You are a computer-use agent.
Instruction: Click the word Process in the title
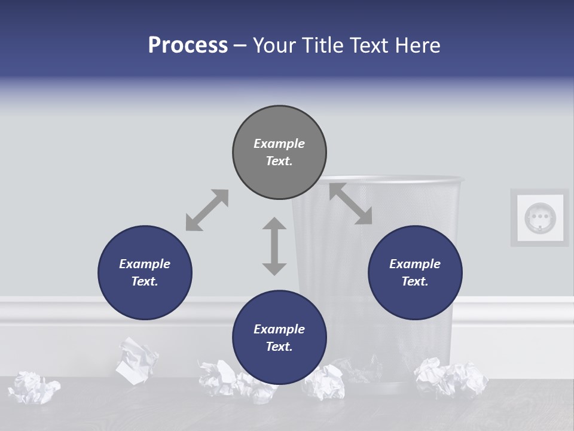click(188, 45)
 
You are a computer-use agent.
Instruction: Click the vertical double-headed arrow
click(274, 246)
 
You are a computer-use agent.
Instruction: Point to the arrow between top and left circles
click(207, 210)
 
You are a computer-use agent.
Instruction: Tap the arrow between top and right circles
click(350, 204)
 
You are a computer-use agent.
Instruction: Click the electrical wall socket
click(540, 217)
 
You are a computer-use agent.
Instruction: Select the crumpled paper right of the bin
click(449, 377)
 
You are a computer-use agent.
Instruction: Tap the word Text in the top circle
click(279, 161)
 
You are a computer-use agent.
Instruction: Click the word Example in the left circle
click(145, 264)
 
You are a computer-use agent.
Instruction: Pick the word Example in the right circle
click(415, 264)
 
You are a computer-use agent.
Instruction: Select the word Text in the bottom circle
click(279, 347)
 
